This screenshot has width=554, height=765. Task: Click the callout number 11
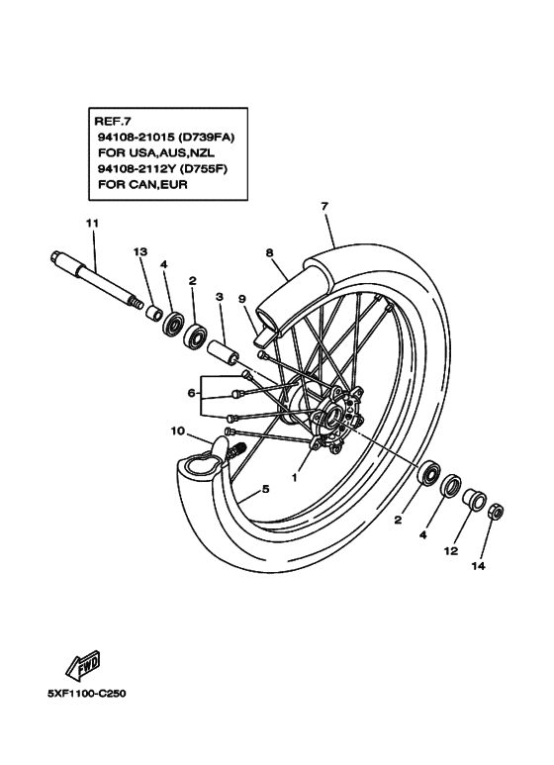(x=91, y=225)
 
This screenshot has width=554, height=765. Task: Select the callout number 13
(x=139, y=253)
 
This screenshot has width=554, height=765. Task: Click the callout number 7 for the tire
(x=323, y=207)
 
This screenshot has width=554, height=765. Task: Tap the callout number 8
(x=269, y=252)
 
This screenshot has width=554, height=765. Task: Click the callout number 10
(x=178, y=430)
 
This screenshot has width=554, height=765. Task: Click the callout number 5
(x=264, y=489)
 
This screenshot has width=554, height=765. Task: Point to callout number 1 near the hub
(x=294, y=476)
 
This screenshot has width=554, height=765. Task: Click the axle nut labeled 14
(x=498, y=512)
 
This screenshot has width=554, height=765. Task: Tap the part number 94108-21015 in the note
(x=135, y=138)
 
